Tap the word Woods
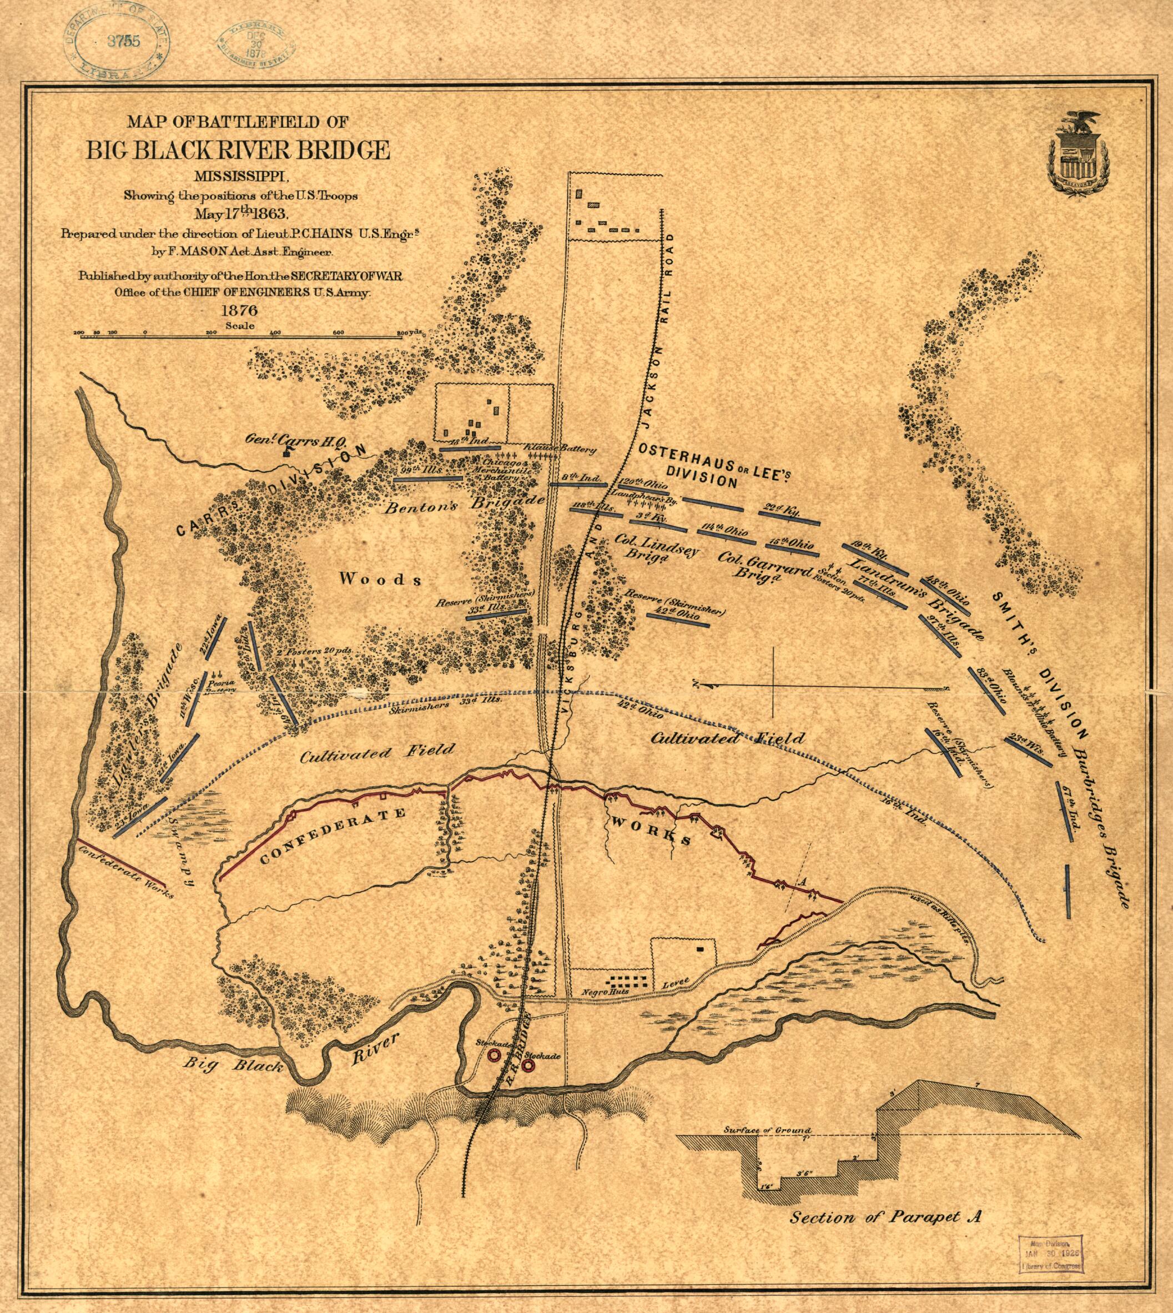[381, 579]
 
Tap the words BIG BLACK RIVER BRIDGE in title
[239, 150]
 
